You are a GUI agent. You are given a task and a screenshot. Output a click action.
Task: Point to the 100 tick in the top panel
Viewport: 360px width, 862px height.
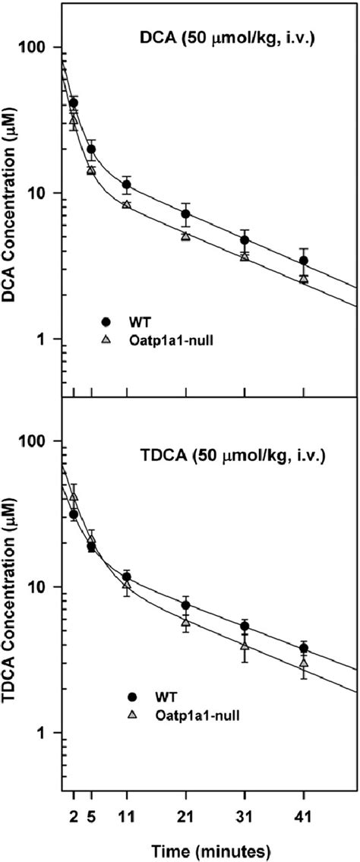pyautogui.click(x=39, y=47)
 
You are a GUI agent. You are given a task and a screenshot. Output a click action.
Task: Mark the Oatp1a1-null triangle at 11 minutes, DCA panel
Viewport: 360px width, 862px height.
pyautogui.click(x=127, y=205)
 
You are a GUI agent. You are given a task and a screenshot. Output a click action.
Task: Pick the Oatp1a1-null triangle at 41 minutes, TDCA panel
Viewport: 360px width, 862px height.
pyautogui.click(x=304, y=663)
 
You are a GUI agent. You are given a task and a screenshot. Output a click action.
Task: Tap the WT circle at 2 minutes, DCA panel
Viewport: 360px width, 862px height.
pyautogui.click(x=74, y=103)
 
